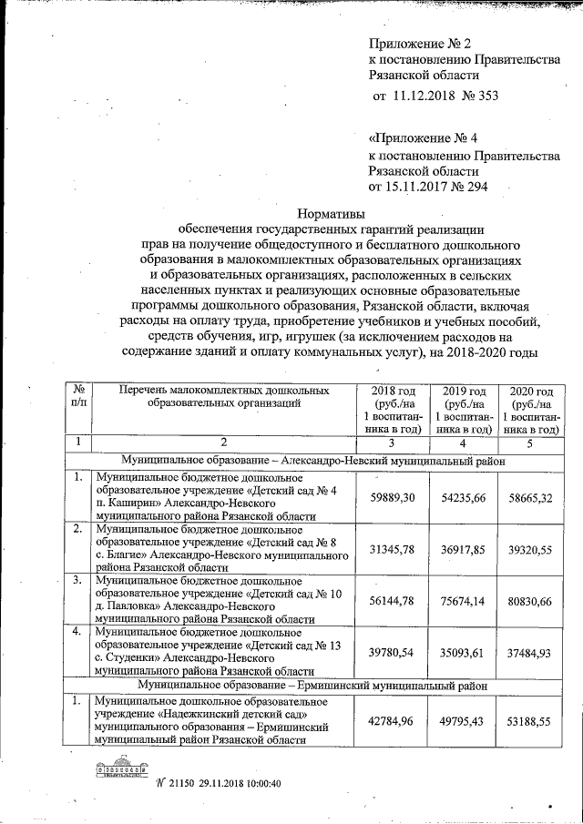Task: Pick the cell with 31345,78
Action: click(x=390, y=551)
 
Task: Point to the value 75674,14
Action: click(x=461, y=602)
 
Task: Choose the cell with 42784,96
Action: click(x=390, y=721)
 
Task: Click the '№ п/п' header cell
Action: click(x=80, y=397)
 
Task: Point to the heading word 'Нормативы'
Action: click(x=332, y=210)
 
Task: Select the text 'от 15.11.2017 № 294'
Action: click(x=427, y=188)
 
